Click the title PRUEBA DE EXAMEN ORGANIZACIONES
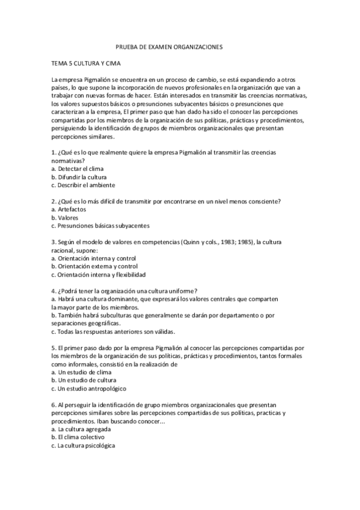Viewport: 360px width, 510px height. [169, 46]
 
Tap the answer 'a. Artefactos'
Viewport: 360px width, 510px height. [69, 209]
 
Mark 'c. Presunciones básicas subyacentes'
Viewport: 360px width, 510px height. [100, 226]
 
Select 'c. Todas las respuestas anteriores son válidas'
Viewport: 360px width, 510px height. [113, 331]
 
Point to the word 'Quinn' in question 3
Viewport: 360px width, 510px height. [207, 242]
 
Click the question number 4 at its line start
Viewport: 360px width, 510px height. [53, 290]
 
